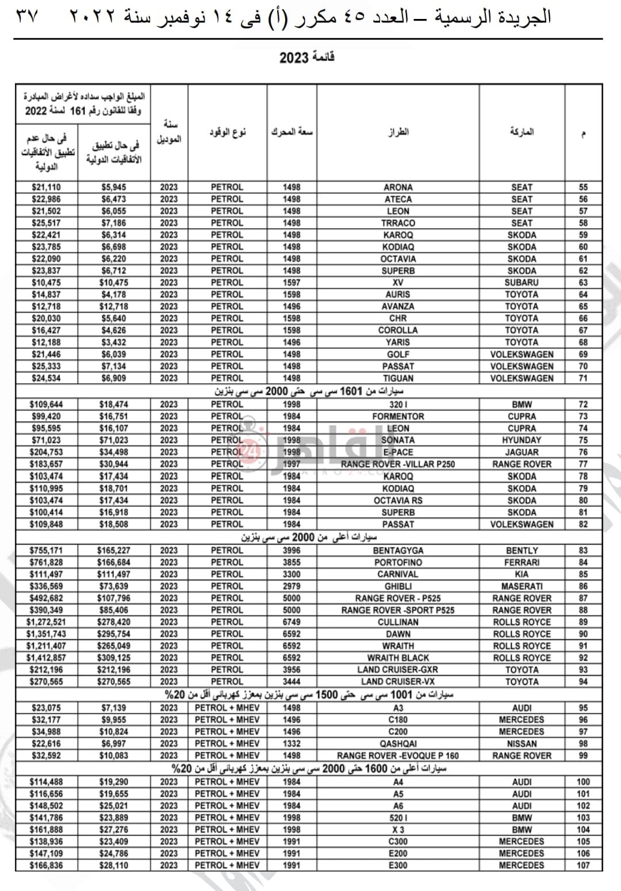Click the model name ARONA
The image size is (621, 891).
click(398, 187)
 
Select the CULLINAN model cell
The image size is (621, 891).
click(398, 622)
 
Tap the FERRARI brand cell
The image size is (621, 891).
click(522, 562)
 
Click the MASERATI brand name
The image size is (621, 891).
click(522, 587)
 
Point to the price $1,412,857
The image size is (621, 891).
click(46, 658)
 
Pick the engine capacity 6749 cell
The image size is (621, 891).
click(292, 622)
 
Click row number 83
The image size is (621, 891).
click(583, 550)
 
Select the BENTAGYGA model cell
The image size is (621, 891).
click(398, 550)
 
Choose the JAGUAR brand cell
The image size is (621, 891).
click(522, 452)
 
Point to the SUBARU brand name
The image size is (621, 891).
click(522, 283)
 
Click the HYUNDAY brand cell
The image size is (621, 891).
click(522, 440)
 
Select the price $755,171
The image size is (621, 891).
click(46, 550)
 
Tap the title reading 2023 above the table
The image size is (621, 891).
click(307, 57)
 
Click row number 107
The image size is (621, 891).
click(583, 865)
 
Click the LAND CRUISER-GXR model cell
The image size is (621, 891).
click(398, 670)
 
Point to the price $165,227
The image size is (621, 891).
click(114, 550)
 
